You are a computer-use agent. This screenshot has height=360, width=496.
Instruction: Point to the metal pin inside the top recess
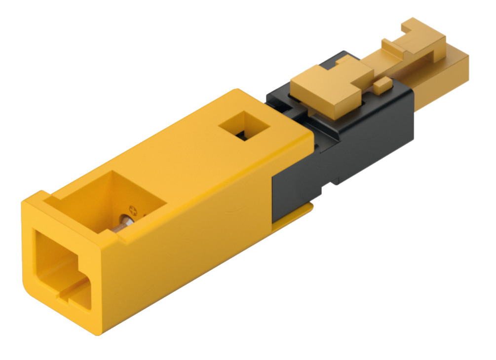[x=127, y=221]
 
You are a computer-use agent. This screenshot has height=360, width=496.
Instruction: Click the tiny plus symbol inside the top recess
[x=132, y=208]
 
